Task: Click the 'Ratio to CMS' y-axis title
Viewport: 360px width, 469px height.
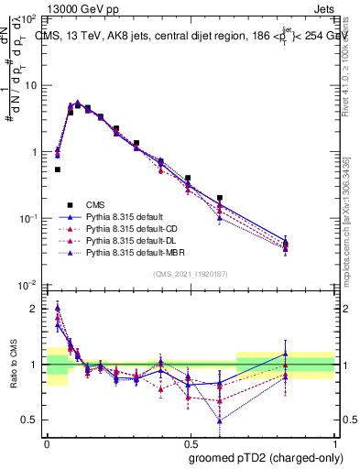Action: [13, 362]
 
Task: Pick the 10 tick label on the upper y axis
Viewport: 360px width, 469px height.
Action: [30, 85]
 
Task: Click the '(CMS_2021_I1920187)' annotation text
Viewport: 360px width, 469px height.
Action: [190, 274]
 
